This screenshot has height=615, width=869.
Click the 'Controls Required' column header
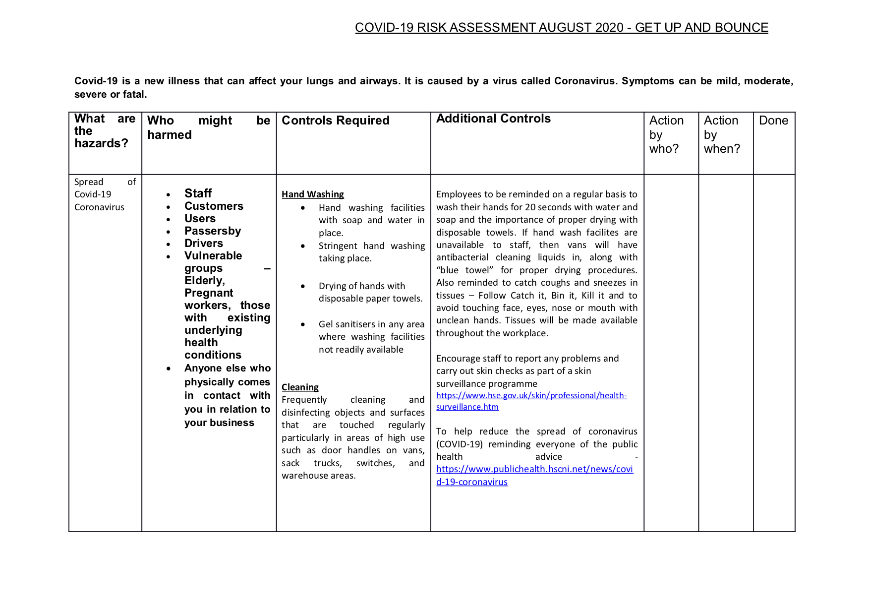click(336, 121)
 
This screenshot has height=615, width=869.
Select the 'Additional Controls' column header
click(493, 119)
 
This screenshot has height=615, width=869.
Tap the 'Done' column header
click(773, 121)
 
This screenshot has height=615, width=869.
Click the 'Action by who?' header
click(666, 134)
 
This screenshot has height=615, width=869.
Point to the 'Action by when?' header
click(722, 134)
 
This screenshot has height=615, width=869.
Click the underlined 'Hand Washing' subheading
click(313, 194)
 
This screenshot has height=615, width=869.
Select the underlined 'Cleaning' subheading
click(300, 387)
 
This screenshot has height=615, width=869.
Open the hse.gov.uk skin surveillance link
click(531, 401)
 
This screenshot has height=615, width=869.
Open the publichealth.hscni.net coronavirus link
click(534, 475)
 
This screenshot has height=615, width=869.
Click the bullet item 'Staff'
click(198, 193)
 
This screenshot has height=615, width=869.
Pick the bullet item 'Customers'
click(214, 206)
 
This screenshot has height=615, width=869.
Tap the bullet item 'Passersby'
click(213, 231)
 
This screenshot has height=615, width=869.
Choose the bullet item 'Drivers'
click(204, 244)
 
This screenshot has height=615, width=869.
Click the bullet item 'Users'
click(200, 219)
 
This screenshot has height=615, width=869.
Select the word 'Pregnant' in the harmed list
click(209, 293)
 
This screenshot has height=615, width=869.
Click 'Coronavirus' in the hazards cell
click(99, 207)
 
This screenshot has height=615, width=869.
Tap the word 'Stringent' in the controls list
click(338, 246)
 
